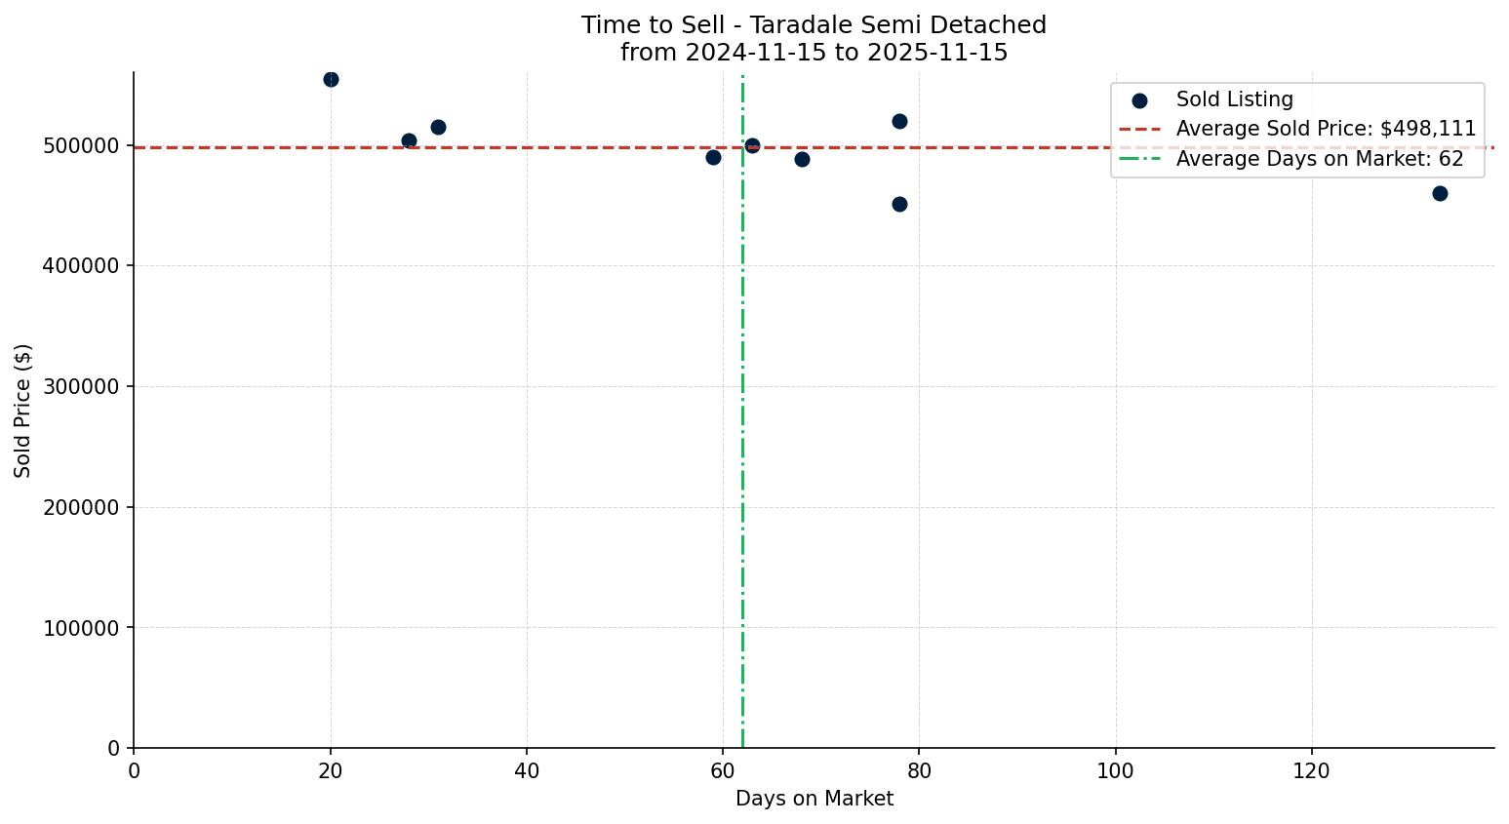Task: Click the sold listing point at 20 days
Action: [331, 79]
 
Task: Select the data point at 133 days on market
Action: [1440, 193]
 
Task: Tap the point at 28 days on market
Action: [409, 140]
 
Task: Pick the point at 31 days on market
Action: [438, 127]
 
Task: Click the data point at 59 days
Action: [713, 157]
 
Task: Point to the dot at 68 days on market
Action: [802, 159]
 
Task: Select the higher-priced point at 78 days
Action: [899, 121]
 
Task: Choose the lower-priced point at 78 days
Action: [899, 204]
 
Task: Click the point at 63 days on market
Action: [752, 145]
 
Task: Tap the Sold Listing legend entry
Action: [1234, 99]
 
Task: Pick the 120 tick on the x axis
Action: [1311, 771]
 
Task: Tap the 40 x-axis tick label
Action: [526, 771]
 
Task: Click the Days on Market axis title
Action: [814, 800]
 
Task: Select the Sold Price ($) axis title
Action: [23, 411]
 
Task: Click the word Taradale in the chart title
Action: [791, 25]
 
